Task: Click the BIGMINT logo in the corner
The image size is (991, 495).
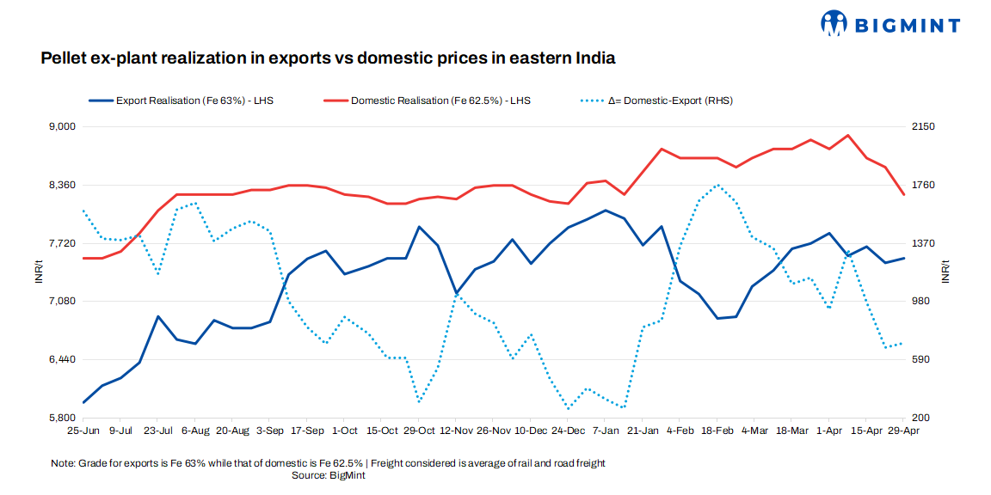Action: click(889, 23)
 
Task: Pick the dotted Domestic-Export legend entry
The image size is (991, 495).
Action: click(658, 101)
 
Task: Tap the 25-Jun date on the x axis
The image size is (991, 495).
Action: click(83, 430)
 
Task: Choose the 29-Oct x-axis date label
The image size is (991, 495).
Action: click(419, 430)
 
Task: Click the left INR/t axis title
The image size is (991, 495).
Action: click(38, 272)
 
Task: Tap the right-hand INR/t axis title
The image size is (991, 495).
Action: click(945, 272)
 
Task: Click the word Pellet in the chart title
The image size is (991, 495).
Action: click(65, 58)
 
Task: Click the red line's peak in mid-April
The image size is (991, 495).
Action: click(848, 135)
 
